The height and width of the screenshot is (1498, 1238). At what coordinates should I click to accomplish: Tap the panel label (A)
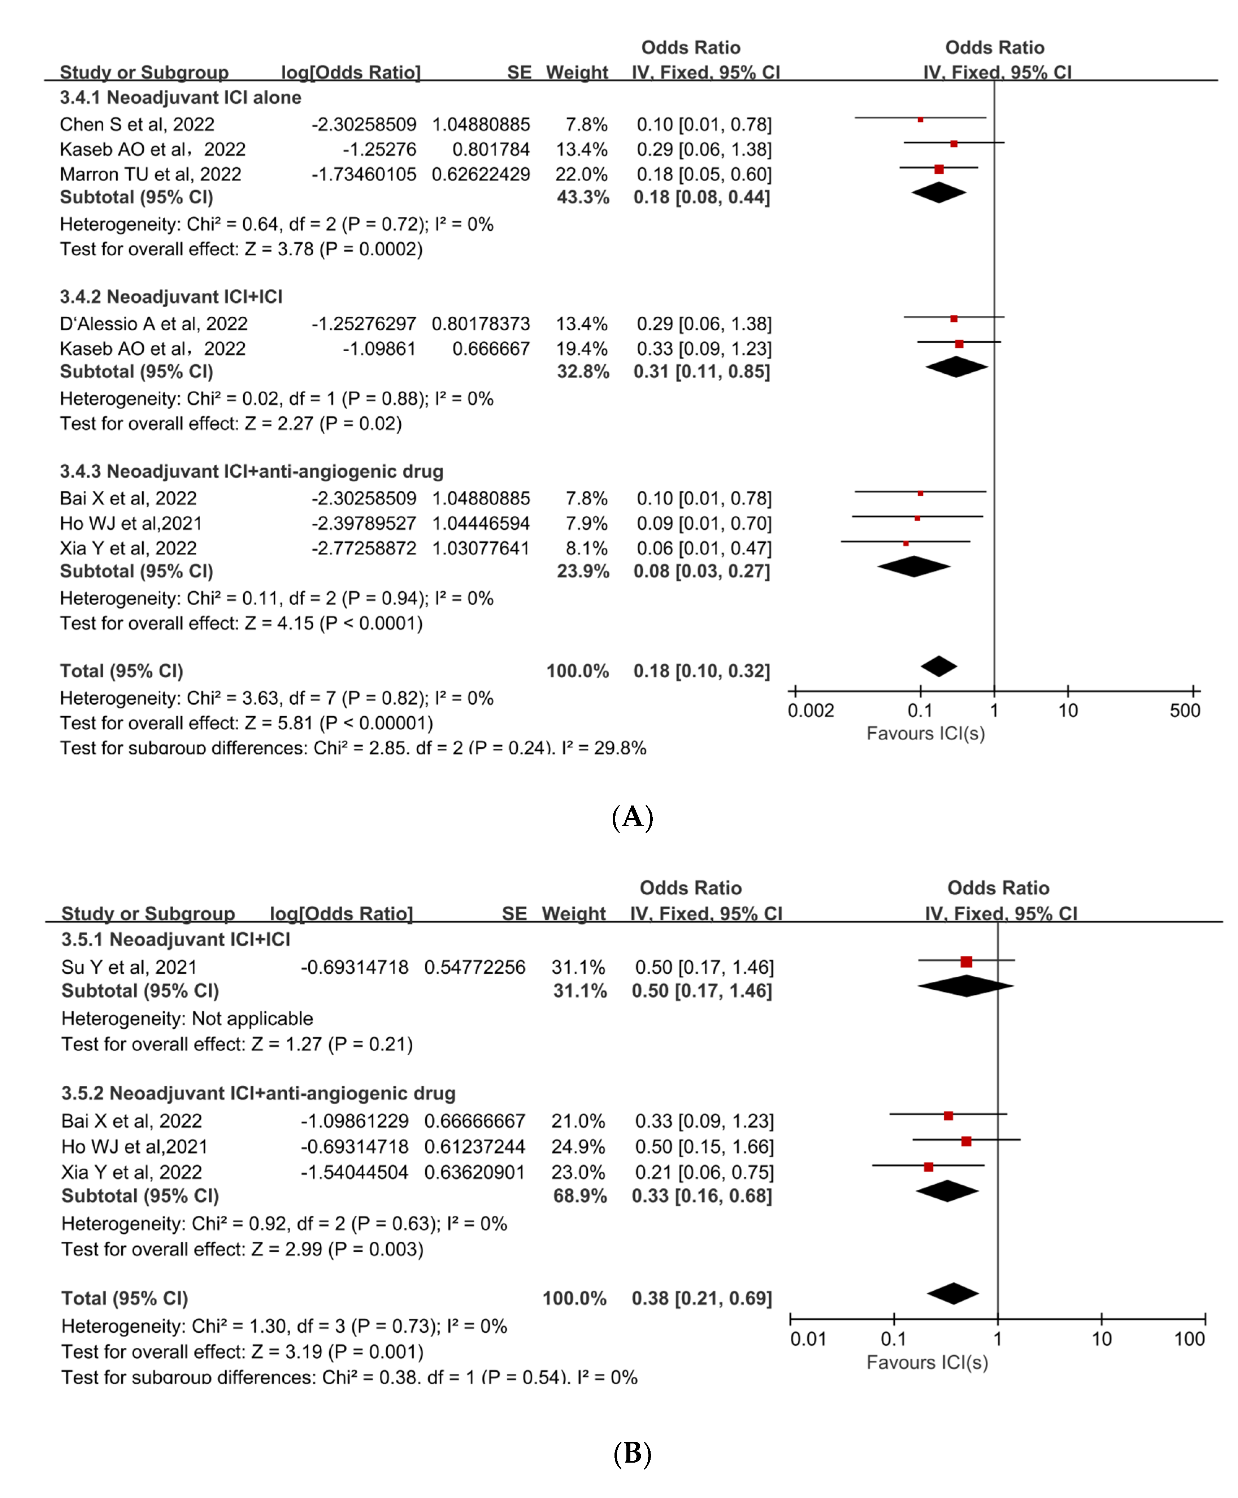coord(633,817)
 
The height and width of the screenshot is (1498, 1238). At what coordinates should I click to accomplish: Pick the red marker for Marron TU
coord(939,169)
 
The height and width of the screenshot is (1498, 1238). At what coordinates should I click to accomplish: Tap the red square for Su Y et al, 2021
coord(966,962)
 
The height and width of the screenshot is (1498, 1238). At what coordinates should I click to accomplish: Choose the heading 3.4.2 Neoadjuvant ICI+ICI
coord(171,297)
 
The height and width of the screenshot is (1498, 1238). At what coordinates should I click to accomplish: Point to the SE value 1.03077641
coord(481,548)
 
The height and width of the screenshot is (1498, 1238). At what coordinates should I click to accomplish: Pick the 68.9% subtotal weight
coord(580,1196)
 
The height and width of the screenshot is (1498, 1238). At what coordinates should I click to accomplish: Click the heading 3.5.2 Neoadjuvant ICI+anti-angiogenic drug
coord(258,1094)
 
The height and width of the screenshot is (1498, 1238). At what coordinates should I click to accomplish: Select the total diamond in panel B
coord(953,1293)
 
